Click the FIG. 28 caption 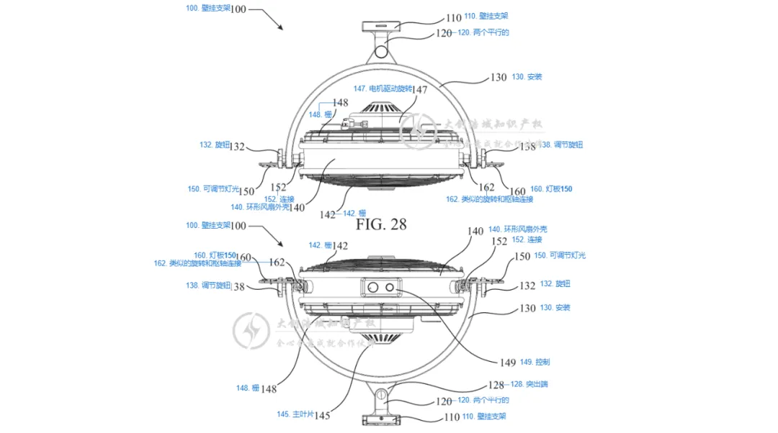[381, 224]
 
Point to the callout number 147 [419, 90]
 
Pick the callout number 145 [321, 415]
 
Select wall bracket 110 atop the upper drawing [383, 26]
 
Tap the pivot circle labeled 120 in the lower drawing [382, 394]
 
